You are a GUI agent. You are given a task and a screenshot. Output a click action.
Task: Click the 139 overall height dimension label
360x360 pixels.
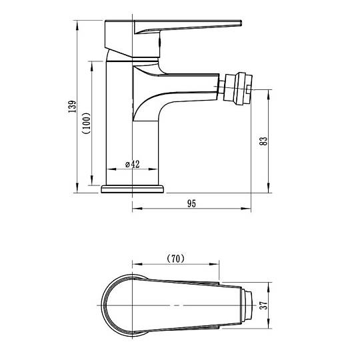73,106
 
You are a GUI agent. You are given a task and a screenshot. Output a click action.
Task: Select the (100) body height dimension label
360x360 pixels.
88,123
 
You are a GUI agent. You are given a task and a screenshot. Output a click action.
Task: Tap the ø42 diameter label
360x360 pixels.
133,164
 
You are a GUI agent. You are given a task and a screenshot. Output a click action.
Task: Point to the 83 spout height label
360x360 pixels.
263,141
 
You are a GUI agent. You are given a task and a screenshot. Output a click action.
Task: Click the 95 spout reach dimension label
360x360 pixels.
192,203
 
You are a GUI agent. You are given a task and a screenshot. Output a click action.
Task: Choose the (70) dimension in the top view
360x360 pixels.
175,259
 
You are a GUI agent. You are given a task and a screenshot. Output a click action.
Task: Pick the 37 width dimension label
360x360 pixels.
264,305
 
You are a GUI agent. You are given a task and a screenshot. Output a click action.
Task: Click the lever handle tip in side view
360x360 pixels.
241,23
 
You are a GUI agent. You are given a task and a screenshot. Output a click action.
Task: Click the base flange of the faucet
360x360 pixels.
133,189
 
